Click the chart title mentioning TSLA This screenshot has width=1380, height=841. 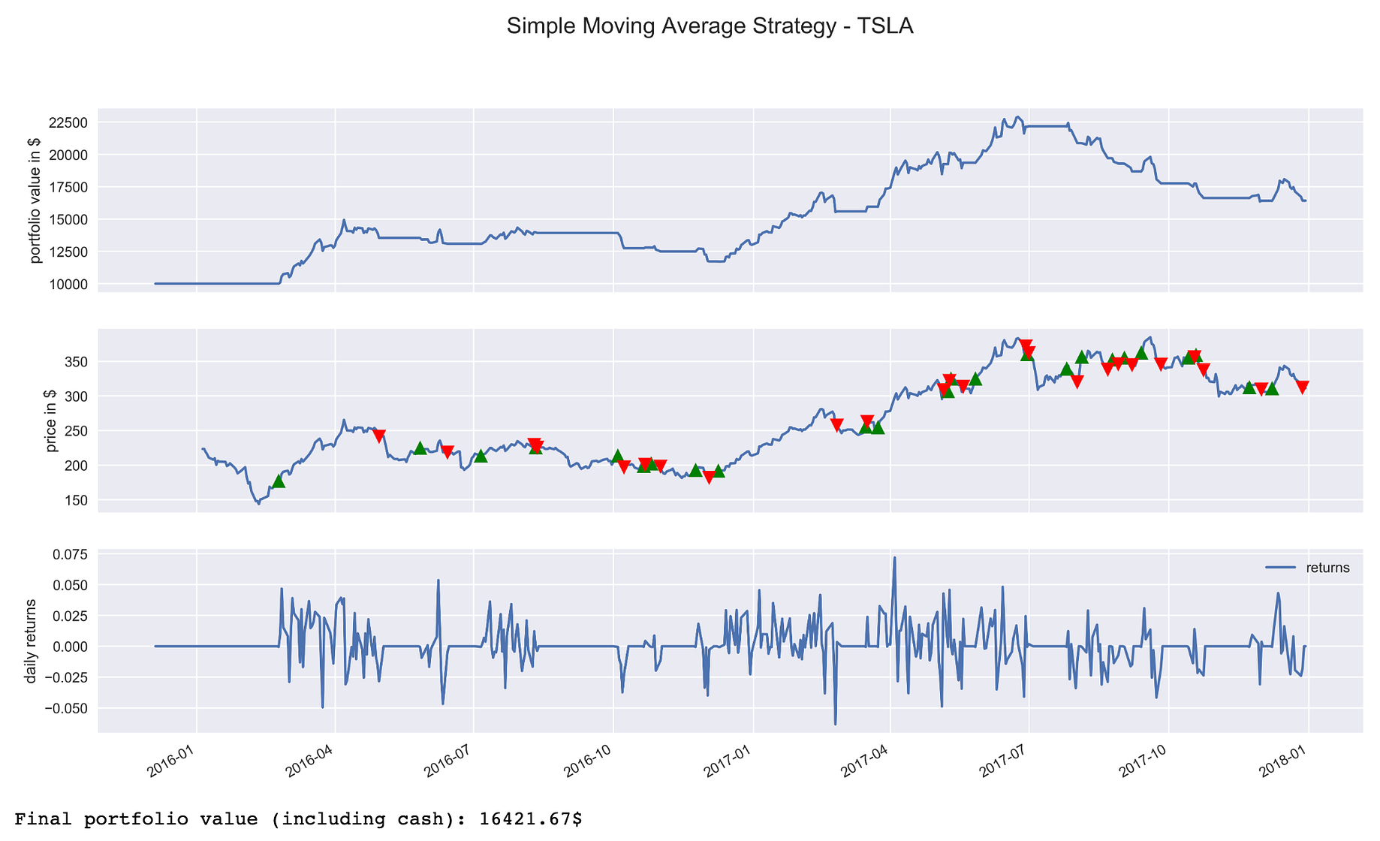coord(710,26)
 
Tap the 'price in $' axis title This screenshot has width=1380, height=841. coord(51,420)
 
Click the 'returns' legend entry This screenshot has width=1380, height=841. coord(1327,568)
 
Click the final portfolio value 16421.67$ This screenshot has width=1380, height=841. coord(530,819)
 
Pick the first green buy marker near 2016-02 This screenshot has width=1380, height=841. coord(279,481)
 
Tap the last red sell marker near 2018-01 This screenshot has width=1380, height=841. coord(1302,387)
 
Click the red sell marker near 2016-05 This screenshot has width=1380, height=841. coord(379,436)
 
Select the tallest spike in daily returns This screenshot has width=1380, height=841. coord(894,558)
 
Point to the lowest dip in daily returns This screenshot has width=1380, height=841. coord(835,724)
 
